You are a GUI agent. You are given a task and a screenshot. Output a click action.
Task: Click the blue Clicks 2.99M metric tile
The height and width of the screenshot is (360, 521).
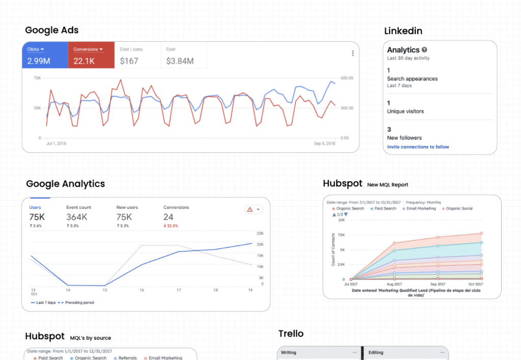click(x=45, y=55)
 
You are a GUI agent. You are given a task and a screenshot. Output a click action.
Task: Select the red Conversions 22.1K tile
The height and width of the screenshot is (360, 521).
click(x=91, y=55)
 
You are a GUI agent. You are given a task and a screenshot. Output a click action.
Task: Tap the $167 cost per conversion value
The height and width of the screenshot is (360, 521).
click(x=129, y=61)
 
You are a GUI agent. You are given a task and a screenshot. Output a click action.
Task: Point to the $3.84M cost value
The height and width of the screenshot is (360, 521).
click(x=180, y=61)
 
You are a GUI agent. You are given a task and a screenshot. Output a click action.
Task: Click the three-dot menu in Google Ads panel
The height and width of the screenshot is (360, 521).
click(x=353, y=53)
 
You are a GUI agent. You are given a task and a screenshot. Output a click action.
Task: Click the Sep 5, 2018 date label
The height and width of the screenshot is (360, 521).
click(x=324, y=144)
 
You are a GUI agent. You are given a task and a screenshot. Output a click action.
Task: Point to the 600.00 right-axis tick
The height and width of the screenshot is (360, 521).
click(x=348, y=78)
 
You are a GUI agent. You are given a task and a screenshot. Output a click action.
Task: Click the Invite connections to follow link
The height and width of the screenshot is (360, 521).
click(x=418, y=147)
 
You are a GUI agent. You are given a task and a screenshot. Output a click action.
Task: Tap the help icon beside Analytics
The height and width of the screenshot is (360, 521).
click(x=424, y=50)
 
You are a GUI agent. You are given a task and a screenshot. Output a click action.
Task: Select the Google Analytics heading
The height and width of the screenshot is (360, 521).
click(x=66, y=184)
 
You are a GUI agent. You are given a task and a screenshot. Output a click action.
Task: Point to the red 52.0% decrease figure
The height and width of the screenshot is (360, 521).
click(x=173, y=226)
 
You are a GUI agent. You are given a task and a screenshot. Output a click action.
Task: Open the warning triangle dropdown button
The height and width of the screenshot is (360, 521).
click(x=254, y=209)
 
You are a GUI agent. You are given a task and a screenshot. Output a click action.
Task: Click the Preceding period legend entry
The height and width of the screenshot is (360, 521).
click(x=77, y=302)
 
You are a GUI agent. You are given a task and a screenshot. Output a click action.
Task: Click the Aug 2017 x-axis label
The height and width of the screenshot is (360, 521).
click(x=394, y=284)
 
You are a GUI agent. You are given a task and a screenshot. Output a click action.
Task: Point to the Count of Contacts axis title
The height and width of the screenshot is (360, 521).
click(x=334, y=250)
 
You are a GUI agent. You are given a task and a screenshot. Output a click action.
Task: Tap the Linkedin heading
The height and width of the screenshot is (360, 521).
click(x=403, y=31)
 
